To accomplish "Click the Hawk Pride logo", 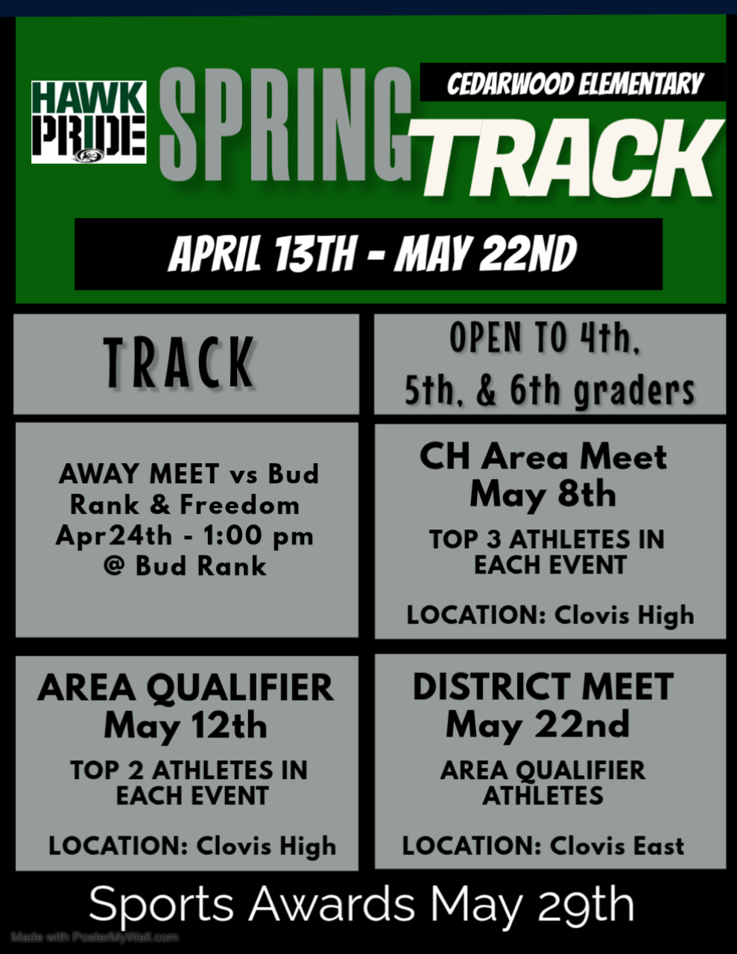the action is (x=89, y=122).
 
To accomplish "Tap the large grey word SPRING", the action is (x=285, y=124).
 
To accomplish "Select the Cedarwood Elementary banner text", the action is (x=575, y=84).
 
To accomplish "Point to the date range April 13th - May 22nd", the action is (x=372, y=253).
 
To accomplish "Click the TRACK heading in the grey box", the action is (x=179, y=363).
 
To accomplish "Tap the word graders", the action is (x=635, y=391).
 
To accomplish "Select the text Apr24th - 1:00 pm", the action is (x=185, y=536).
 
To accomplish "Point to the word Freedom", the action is (x=240, y=505).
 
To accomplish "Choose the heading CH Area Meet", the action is (x=543, y=457).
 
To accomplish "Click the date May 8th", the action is (x=543, y=495).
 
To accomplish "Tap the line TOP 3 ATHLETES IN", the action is (x=547, y=539).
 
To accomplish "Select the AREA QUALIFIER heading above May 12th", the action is (x=186, y=687).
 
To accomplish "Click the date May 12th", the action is (x=186, y=727).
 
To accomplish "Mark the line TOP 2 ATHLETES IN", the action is (x=189, y=771).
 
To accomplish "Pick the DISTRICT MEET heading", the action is (x=543, y=687).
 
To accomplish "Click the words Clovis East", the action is (x=617, y=845).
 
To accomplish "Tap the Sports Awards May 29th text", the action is (x=361, y=904).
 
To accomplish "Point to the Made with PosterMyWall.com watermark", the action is (x=95, y=938).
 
